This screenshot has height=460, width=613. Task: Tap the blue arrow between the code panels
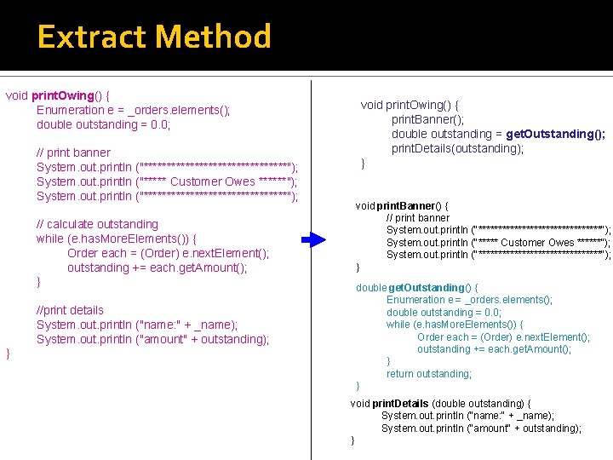tap(314, 240)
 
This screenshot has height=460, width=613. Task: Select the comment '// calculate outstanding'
tap(97, 224)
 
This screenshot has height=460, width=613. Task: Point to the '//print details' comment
tap(70, 310)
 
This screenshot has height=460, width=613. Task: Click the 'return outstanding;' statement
tap(429, 374)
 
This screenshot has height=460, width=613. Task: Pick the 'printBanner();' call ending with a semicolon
tap(428, 119)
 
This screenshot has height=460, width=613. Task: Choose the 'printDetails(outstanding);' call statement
tap(457, 148)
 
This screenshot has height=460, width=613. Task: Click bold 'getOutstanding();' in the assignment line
tap(556, 134)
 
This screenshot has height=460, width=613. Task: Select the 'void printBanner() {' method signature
tap(402, 206)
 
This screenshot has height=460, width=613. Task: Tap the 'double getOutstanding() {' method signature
tap(416, 287)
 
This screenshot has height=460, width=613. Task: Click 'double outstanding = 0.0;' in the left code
tap(103, 124)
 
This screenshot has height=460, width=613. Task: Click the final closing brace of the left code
tap(9, 353)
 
